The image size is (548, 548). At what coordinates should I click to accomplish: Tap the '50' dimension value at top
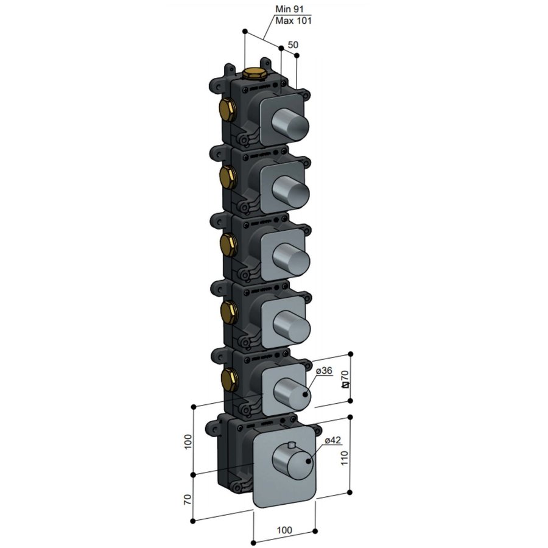pos(293,45)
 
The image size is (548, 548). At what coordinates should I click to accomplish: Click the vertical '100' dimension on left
pos(188,440)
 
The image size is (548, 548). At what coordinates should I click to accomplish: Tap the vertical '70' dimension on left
pos(188,500)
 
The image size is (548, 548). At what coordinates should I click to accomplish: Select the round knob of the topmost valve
pos(292,124)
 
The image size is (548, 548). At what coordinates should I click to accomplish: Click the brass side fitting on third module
pos(227,244)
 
